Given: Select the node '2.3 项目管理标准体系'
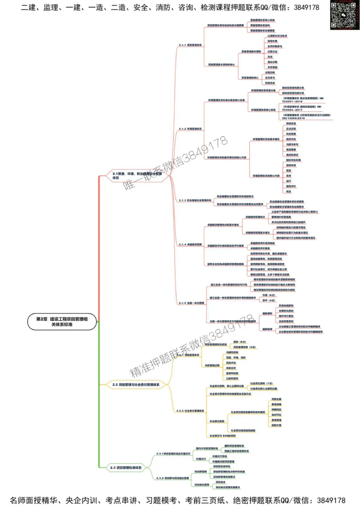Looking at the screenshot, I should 126,468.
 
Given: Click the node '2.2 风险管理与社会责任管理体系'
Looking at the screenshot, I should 136,385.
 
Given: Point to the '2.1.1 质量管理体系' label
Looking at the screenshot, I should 190,45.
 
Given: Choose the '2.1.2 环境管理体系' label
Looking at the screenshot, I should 190,129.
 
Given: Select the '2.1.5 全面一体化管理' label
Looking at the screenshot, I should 192,303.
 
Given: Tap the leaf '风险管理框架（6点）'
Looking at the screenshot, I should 245,347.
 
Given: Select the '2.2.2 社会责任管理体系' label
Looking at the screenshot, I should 191,410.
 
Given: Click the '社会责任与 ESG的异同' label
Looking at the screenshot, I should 223,436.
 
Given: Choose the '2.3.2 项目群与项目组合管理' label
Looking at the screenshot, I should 174,478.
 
